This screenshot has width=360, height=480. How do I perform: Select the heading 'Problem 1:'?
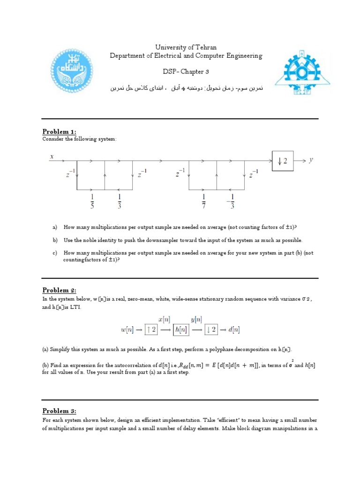(x=59, y=131)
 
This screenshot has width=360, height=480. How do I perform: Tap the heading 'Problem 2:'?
(x=59, y=290)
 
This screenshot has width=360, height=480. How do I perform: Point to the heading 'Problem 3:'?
(x=59, y=411)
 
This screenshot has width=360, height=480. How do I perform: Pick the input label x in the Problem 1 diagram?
(x=52, y=157)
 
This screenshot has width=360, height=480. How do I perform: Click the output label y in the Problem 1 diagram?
(x=310, y=160)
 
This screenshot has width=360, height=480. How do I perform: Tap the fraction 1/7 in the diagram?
(x=203, y=200)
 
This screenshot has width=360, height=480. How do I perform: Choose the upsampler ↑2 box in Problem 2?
(x=150, y=330)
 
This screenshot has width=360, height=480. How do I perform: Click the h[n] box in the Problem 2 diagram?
(x=180, y=330)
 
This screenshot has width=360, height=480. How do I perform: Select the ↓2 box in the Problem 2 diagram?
(x=211, y=330)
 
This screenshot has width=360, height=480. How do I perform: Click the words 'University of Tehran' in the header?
(x=186, y=48)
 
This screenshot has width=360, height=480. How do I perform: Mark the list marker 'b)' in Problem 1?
(x=55, y=240)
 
